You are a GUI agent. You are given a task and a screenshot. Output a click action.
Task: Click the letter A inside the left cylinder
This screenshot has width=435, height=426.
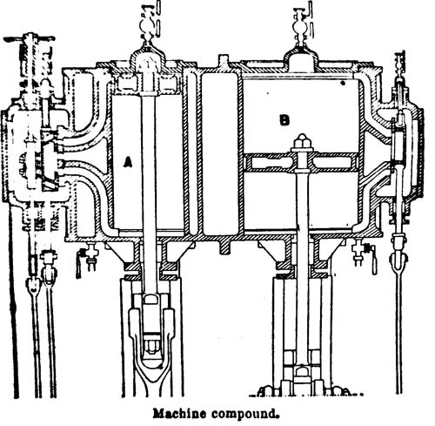tap(127, 162)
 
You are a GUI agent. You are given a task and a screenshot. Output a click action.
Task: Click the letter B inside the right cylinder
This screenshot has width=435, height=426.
tap(284, 120)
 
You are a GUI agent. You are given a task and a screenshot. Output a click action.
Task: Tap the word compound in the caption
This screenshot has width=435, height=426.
tap(244, 414)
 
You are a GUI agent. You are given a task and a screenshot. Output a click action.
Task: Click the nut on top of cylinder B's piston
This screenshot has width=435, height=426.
tap(302, 142)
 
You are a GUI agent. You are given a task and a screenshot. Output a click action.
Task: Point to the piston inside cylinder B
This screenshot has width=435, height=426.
tap(302, 162)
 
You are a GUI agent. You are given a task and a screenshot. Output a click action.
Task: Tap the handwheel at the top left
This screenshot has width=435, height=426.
tap(29, 37)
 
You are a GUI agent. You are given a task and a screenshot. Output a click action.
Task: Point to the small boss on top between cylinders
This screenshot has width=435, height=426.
tap(224, 62)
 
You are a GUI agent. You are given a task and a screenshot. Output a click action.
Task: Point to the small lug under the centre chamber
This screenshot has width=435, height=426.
tap(225, 247)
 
